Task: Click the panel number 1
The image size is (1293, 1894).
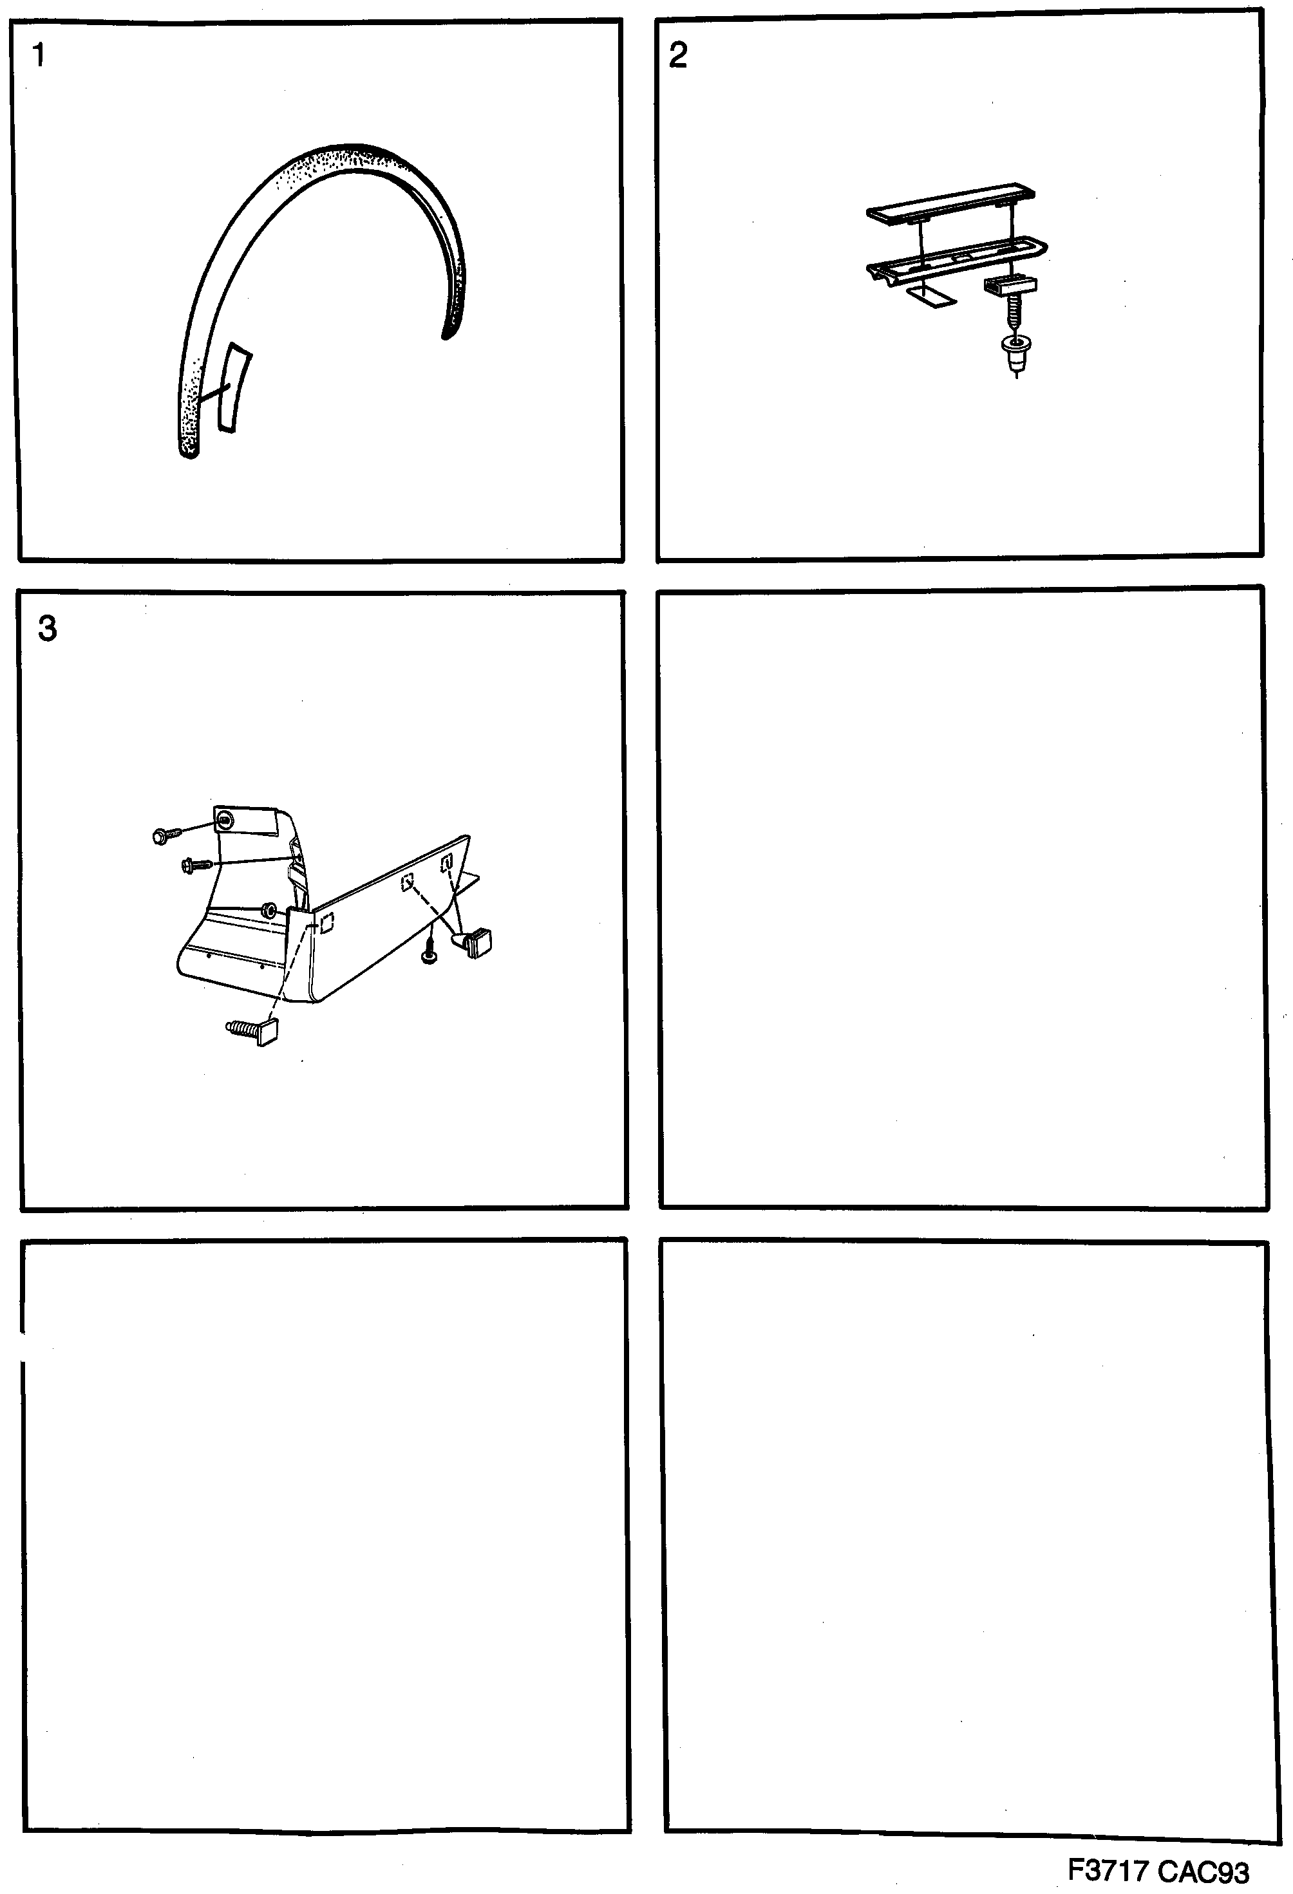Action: (37, 55)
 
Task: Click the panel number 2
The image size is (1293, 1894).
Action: (677, 55)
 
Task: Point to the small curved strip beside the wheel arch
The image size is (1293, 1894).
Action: (232, 388)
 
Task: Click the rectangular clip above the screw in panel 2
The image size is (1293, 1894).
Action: (1010, 286)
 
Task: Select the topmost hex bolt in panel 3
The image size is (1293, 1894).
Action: (162, 835)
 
